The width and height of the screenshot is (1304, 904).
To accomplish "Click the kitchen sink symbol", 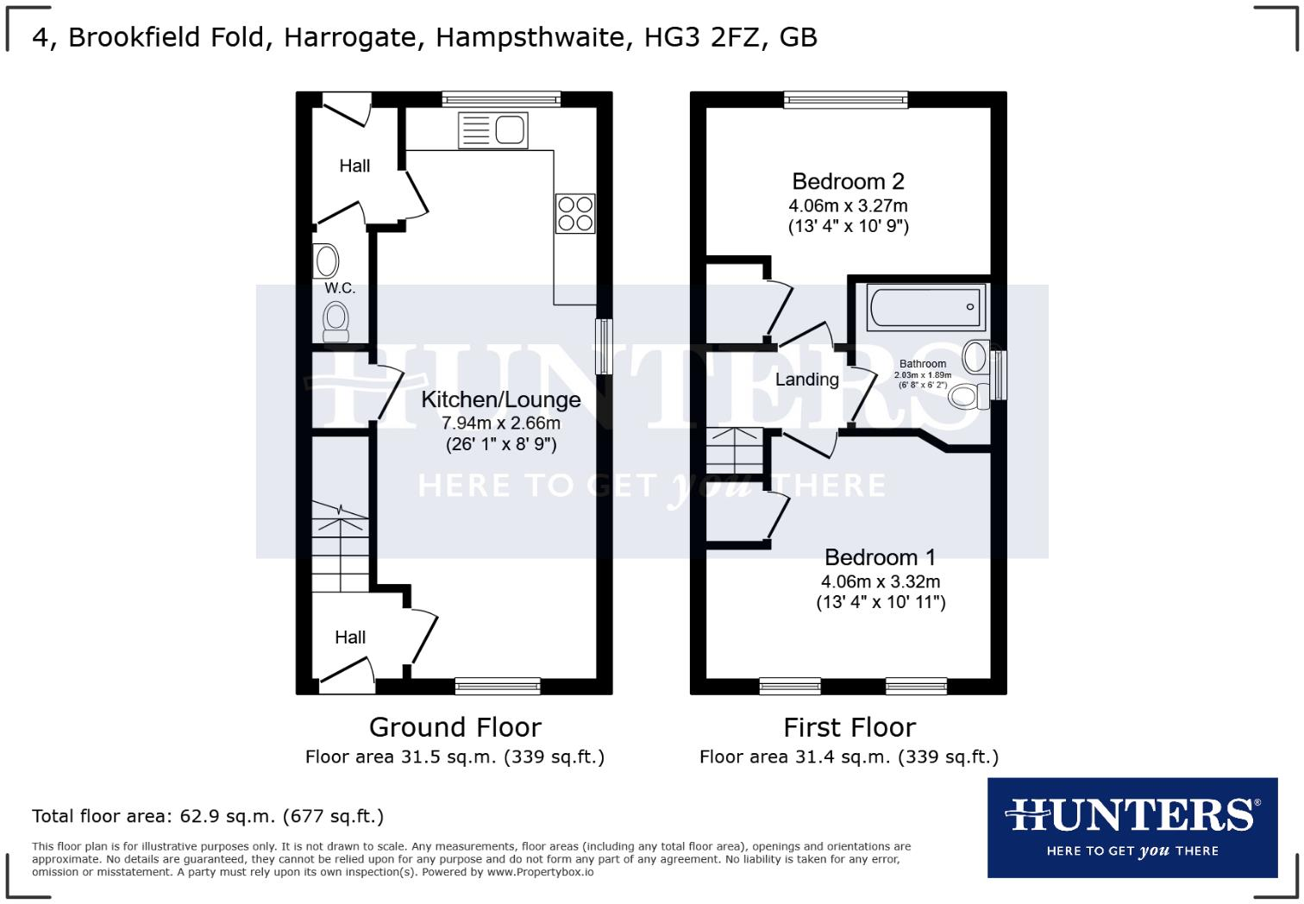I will click(x=493, y=130).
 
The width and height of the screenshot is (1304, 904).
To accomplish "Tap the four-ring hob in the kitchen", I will click(x=574, y=213).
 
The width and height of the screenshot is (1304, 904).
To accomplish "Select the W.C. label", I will click(x=340, y=288).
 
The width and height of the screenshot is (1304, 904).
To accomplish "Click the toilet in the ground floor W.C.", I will click(x=335, y=321).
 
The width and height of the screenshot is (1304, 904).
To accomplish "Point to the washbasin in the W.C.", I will click(x=327, y=261).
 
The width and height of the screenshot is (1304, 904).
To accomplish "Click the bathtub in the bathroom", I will click(x=925, y=306).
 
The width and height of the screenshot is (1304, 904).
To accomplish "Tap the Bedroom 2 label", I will click(x=848, y=181).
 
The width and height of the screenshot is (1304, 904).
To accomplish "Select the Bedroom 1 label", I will click(x=880, y=557).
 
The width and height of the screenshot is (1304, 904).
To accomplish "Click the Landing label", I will click(x=806, y=380).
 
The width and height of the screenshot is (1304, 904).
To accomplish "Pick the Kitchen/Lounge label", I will click(x=500, y=400).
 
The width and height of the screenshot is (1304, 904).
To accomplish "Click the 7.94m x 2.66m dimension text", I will click(x=500, y=424).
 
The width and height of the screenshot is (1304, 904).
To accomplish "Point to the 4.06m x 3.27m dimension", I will click(x=848, y=206).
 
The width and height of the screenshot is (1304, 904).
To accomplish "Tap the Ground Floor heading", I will click(x=455, y=727).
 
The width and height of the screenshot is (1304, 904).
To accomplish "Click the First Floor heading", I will click(x=849, y=727).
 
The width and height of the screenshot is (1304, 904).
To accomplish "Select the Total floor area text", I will click(x=208, y=816).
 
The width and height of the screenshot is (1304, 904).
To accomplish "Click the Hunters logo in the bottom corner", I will click(x=1132, y=827).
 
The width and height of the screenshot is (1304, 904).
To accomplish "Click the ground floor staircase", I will click(x=340, y=547).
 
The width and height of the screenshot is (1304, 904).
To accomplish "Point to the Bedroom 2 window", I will click(x=846, y=99).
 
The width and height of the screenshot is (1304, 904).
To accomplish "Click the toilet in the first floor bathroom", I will click(x=968, y=397).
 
